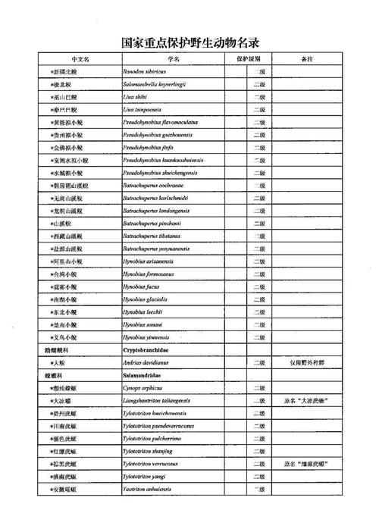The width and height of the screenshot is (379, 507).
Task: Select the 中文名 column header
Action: (79, 58)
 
